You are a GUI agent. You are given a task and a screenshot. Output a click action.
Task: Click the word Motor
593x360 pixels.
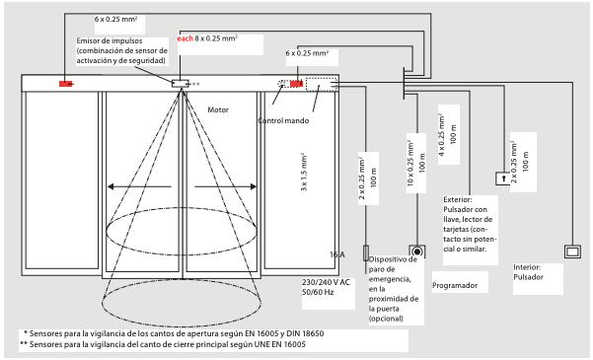point(218,110)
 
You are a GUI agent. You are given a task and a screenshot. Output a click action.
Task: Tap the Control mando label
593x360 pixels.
point(283,120)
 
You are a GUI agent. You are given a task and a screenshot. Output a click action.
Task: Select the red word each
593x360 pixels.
point(185,38)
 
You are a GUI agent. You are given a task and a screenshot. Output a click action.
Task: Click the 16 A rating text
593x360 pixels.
point(337,254)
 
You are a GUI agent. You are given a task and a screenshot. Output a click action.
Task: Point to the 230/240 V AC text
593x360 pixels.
point(326,282)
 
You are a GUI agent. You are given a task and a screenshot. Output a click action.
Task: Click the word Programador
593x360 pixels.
point(455,285)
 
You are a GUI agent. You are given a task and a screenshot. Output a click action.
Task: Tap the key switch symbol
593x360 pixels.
point(503,179)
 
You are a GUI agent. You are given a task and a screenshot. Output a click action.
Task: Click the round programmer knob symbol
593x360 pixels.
point(417,252)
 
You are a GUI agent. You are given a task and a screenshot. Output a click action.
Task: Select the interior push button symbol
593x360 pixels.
point(572,252)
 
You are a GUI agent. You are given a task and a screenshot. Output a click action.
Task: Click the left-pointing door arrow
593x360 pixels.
point(139,186)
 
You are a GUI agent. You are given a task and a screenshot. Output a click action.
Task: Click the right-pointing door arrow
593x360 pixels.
point(225,186)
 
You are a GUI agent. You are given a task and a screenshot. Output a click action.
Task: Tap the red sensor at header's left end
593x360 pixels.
point(66,84)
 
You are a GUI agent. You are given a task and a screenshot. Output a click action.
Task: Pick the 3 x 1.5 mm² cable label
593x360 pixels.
point(304,172)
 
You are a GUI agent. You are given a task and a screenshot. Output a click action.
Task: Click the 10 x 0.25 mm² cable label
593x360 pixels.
point(410,164)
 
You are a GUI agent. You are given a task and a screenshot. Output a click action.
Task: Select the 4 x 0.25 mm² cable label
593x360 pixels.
point(441,134)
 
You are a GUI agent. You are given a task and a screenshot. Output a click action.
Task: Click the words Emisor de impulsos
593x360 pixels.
point(110,40)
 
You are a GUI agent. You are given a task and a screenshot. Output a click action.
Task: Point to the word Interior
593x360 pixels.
point(527,267)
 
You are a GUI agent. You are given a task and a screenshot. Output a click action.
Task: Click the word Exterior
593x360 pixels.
point(458,199)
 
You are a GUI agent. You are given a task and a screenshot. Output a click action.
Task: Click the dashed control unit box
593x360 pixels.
point(321,84)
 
